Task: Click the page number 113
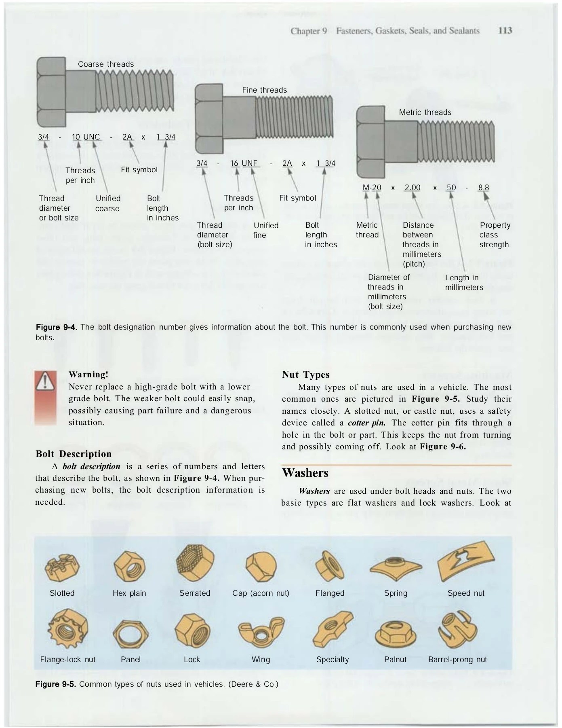pyautogui.click(x=505, y=31)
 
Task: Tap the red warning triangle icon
pyautogui.click(x=45, y=381)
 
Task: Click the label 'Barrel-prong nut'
pyautogui.click(x=457, y=660)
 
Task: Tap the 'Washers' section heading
pyautogui.click(x=305, y=473)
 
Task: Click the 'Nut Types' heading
pyautogui.click(x=305, y=375)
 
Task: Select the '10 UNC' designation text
pyautogui.click(x=86, y=137)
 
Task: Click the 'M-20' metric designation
pyautogui.click(x=372, y=188)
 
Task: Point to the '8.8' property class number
pyautogui.click(x=483, y=188)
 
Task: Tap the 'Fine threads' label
pyautogui.click(x=264, y=90)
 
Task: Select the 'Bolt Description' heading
pyautogui.click(x=74, y=454)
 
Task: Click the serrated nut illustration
pyautogui.click(x=195, y=563)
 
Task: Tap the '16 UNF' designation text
pyautogui.click(x=244, y=163)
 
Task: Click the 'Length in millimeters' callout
pyautogui.click(x=464, y=283)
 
